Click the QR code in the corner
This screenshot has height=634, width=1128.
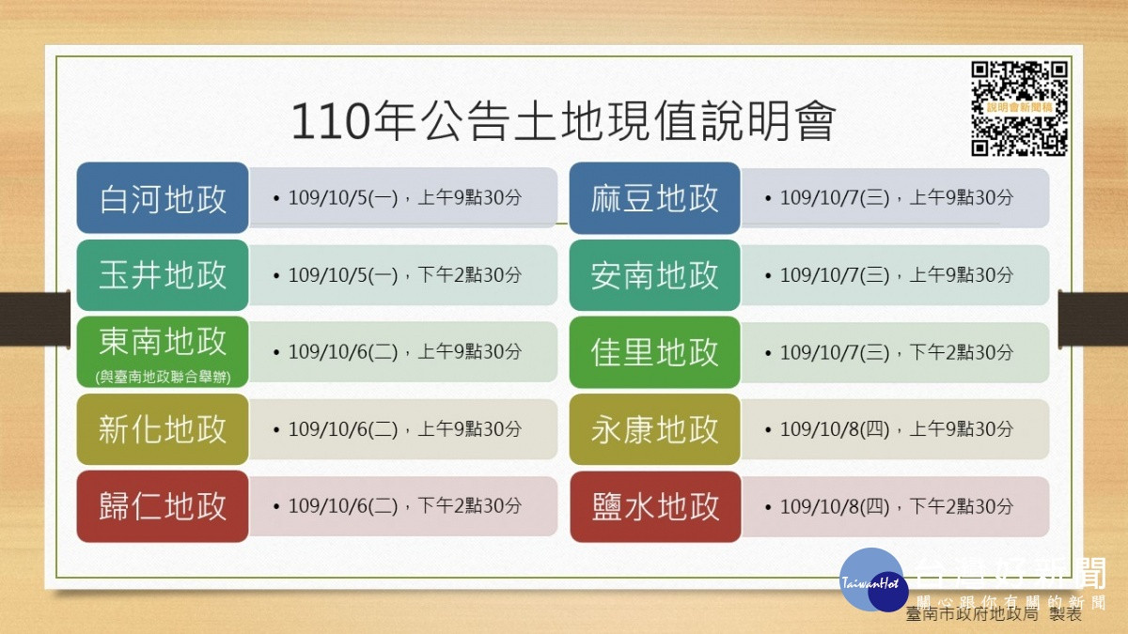(x=1019, y=108)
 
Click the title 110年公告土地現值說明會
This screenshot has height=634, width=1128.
(x=563, y=121)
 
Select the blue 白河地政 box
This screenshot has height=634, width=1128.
(x=163, y=198)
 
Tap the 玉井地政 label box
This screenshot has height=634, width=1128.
(x=163, y=275)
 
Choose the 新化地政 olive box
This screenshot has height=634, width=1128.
(x=163, y=429)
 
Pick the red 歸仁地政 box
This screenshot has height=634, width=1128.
(x=163, y=506)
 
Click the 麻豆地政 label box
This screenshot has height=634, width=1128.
(x=654, y=198)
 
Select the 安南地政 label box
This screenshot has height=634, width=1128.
(x=654, y=275)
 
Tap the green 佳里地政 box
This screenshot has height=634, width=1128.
(x=654, y=352)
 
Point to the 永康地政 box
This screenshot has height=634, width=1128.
(x=654, y=429)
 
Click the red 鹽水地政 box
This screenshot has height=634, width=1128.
(x=655, y=506)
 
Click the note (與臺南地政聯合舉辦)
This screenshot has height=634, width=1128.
(x=164, y=377)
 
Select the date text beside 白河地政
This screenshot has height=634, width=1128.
(x=404, y=198)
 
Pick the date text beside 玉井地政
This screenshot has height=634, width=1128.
(x=404, y=275)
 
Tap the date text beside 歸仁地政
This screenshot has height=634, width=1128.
(x=404, y=505)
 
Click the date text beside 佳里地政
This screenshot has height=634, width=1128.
(x=897, y=352)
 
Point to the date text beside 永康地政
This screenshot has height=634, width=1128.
(x=897, y=429)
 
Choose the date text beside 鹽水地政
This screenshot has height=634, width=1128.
(x=897, y=506)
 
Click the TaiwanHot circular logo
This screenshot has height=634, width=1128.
(x=873, y=580)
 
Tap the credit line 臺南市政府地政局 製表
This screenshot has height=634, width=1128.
(x=994, y=614)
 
